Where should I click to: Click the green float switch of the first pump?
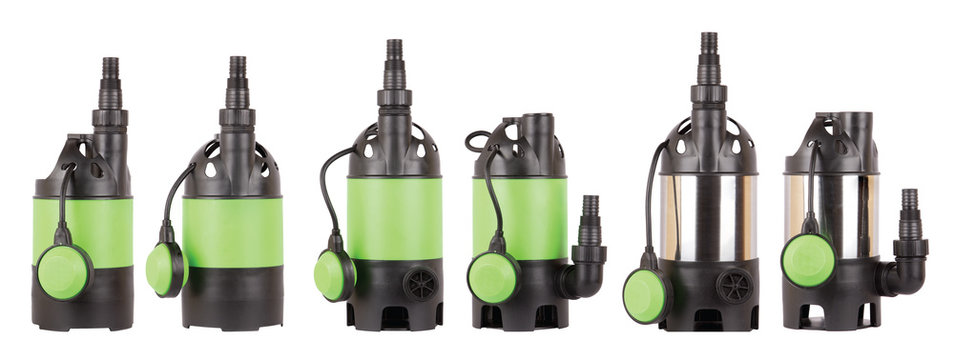pos(64,271)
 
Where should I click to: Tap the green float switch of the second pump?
pos(164,269)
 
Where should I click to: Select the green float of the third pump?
pos(334,275)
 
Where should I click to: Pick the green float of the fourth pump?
pos(493,276)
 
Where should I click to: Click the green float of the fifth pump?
pos(647,295)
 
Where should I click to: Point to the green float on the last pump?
pos(808,260)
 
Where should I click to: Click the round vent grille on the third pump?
pos(421,283)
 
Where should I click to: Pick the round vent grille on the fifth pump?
pos(735,285)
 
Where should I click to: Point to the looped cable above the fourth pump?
pos(478,140)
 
